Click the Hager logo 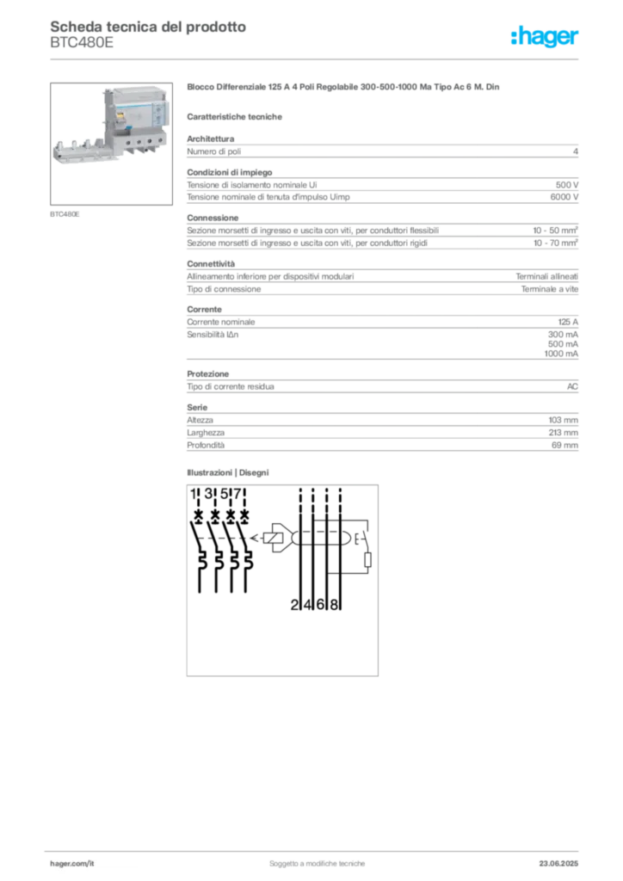coord(544,36)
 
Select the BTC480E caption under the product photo coord(65,214)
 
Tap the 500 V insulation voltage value coord(567,185)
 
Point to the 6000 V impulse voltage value coord(564,197)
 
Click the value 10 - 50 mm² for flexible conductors coord(556,231)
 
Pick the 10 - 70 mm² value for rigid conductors coord(556,243)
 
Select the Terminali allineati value coord(546,276)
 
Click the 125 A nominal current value coord(568,322)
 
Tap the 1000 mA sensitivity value coord(561,354)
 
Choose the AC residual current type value coord(572,386)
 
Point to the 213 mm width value coord(564,433)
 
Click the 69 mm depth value coord(564,445)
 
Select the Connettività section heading coord(211,263)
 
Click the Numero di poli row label coord(214,151)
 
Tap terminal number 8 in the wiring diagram coord(334,605)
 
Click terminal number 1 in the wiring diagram coord(194,494)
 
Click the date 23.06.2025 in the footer coord(558,864)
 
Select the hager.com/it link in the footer coord(72,864)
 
